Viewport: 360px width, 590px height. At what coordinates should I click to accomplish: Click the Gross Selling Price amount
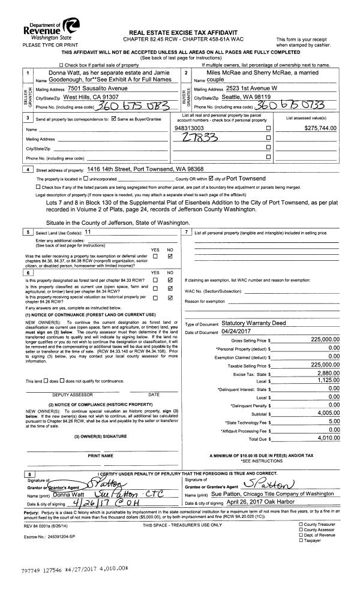pos(326,339)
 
